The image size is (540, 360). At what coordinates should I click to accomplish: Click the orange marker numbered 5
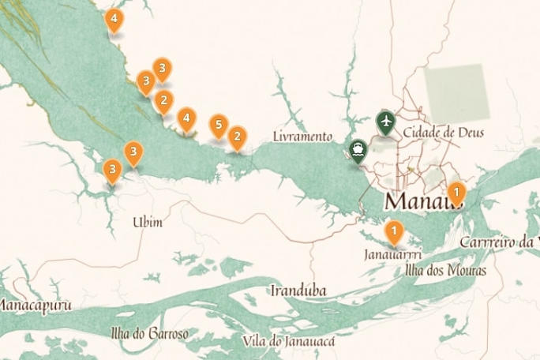pyautogui.click(x=219, y=126)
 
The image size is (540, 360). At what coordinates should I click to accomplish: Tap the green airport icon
pyautogui.click(x=386, y=122)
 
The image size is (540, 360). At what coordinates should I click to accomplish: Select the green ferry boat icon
pyautogui.click(x=358, y=149)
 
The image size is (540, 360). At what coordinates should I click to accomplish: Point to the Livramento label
pyautogui.click(x=302, y=137)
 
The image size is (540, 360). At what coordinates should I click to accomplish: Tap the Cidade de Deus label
pyautogui.click(x=443, y=132)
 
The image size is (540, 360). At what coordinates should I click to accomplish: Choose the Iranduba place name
pyautogui.click(x=298, y=291)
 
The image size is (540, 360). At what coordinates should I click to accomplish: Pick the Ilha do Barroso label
pyautogui.click(x=150, y=334)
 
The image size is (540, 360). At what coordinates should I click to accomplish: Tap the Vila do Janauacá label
pyautogui.click(x=291, y=341)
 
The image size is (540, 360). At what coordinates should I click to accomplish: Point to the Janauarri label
pyautogui.click(x=393, y=255)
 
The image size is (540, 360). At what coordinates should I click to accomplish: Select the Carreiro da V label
pyautogui.click(x=499, y=241)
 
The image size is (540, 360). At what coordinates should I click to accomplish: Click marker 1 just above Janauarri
pyautogui.click(x=393, y=231)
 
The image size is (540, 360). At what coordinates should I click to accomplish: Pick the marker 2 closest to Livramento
pyautogui.click(x=236, y=138)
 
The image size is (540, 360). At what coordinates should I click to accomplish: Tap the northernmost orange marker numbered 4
pyautogui.click(x=114, y=20)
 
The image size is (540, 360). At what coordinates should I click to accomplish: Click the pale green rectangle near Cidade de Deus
pyautogui.click(x=456, y=93)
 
